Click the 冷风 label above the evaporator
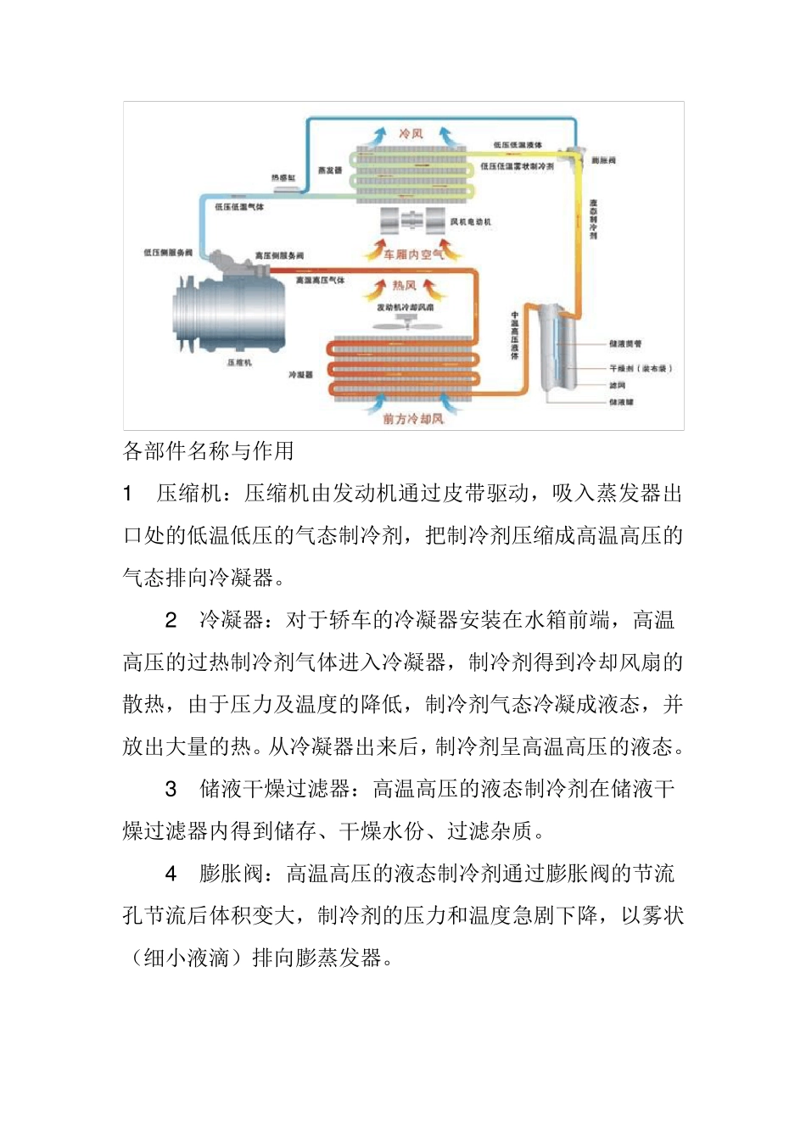pos(411,134)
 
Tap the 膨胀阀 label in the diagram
pos(603,160)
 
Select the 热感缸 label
pos(283,178)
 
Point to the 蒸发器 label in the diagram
pos(330,170)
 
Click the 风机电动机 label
pos(471,222)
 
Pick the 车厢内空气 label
pos(413,254)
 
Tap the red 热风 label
pos(405,286)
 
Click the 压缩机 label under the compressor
pos(239,363)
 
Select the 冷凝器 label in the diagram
pos(300,374)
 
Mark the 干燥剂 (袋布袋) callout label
pos(641,369)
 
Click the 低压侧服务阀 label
pos(168,253)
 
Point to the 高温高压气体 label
pos(320,280)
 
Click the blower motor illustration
pos(412,222)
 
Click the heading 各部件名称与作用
pos(209,451)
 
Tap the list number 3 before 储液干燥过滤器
pos(171,790)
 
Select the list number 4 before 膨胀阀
pos(171,874)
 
